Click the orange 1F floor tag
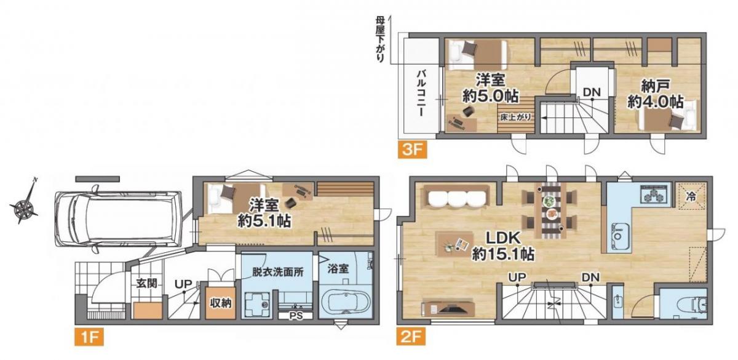coord(89,337)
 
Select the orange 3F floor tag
coord(412,150)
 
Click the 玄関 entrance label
coord(146,283)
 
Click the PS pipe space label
coord(296,316)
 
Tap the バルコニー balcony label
coord(421,94)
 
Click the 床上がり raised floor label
coord(515,117)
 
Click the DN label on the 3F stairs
coord(592,92)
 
